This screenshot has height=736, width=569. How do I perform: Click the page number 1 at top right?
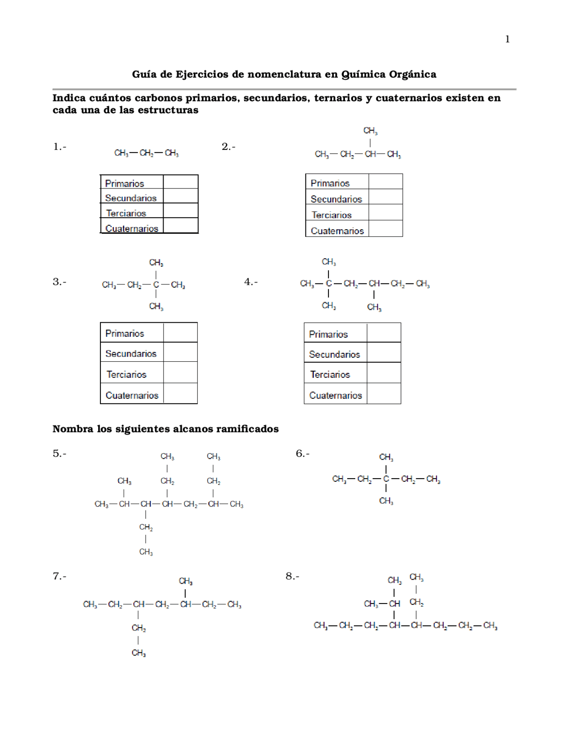point(507,40)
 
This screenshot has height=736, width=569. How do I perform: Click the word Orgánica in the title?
point(413,74)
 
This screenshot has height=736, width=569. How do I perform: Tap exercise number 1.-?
point(60,147)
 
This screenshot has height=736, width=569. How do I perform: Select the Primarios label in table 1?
point(124,184)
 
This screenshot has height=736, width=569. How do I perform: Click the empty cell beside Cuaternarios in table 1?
point(180,226)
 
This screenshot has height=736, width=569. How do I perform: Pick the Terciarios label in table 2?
point(332,215)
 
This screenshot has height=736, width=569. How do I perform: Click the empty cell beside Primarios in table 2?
point(385,182)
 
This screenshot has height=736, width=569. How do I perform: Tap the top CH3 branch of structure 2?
point(370,131)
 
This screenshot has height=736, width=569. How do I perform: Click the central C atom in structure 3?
point(156,284)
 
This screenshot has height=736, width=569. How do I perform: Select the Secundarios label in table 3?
point(131,354)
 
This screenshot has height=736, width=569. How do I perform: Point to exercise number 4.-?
point(251,282)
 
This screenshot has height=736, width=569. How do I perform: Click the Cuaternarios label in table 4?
point(336,396)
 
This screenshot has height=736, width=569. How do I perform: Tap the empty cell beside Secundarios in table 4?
point(384,352)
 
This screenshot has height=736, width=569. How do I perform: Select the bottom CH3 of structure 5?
point(146,552)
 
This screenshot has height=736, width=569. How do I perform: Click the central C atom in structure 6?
point(386,479)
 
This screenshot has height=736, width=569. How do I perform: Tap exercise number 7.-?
point(60,576)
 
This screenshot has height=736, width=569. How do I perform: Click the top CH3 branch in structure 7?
point(185,581)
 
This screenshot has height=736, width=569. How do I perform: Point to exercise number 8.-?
point(292,576)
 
